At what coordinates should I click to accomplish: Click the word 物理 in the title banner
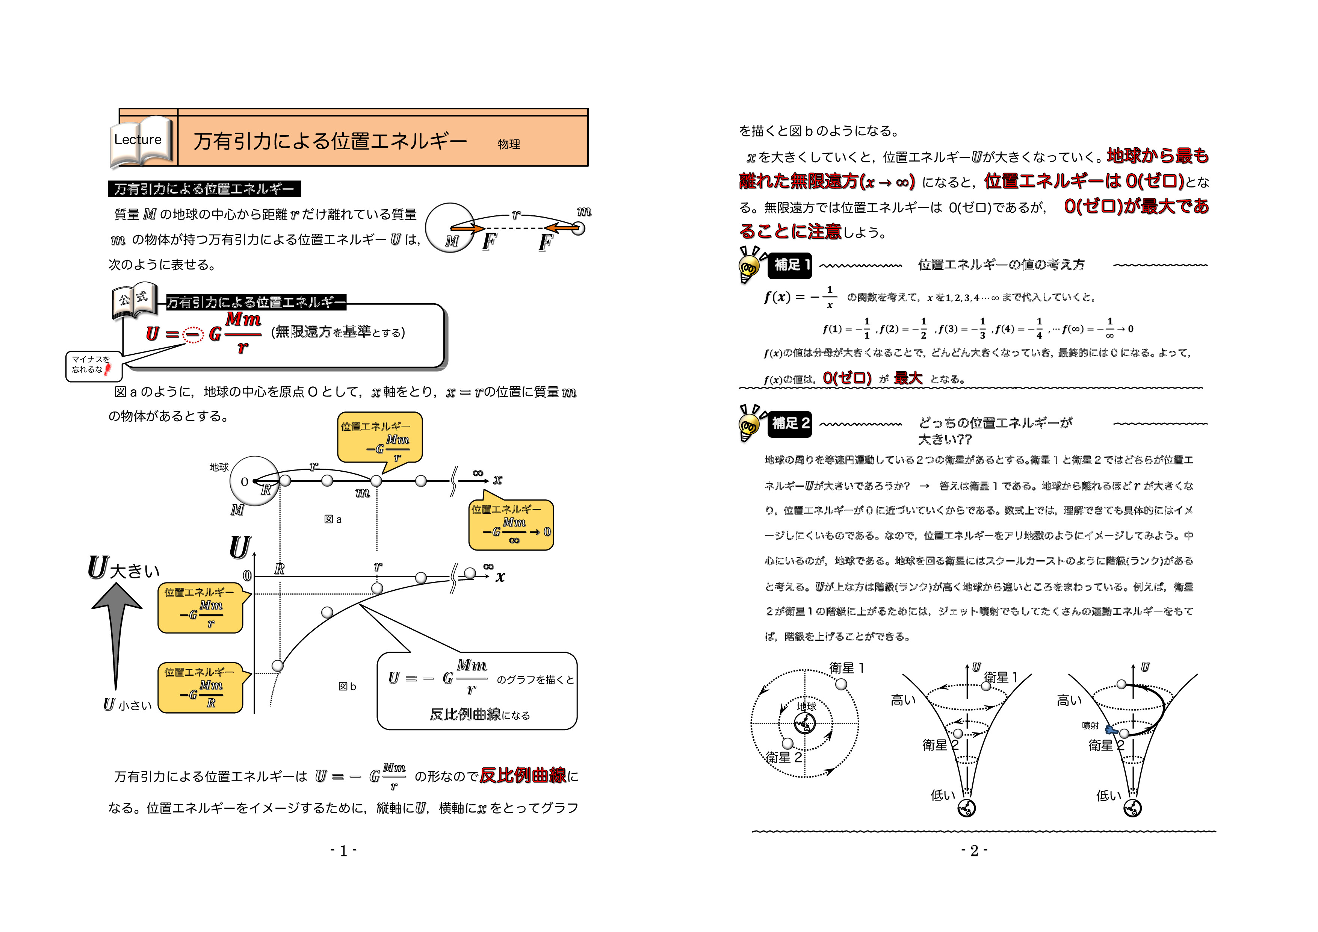[x=509, y=144]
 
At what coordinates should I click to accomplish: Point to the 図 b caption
[x=347, y=686]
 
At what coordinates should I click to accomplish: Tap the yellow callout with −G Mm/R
[x=200, y=688]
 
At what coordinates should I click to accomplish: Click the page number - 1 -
[x=343, y=850]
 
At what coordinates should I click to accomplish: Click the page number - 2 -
[x=974, y=850]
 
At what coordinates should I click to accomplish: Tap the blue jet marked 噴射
[x=1111, y=731]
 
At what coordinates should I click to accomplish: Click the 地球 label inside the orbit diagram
[x=807, y=706]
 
